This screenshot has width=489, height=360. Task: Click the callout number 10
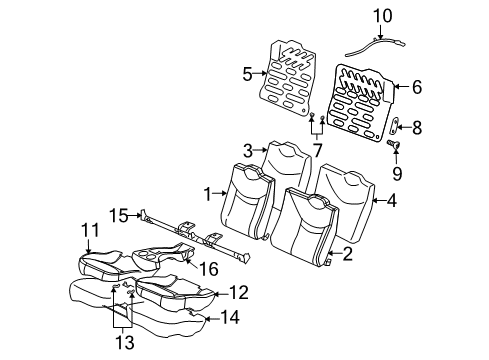(x=383, y=15)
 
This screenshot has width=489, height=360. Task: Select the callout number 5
(x=247, y=72)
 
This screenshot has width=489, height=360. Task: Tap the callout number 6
(x=416, y=87)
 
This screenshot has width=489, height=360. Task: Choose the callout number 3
(x=246, y=151)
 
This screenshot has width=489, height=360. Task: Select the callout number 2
(x=347, y=255)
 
